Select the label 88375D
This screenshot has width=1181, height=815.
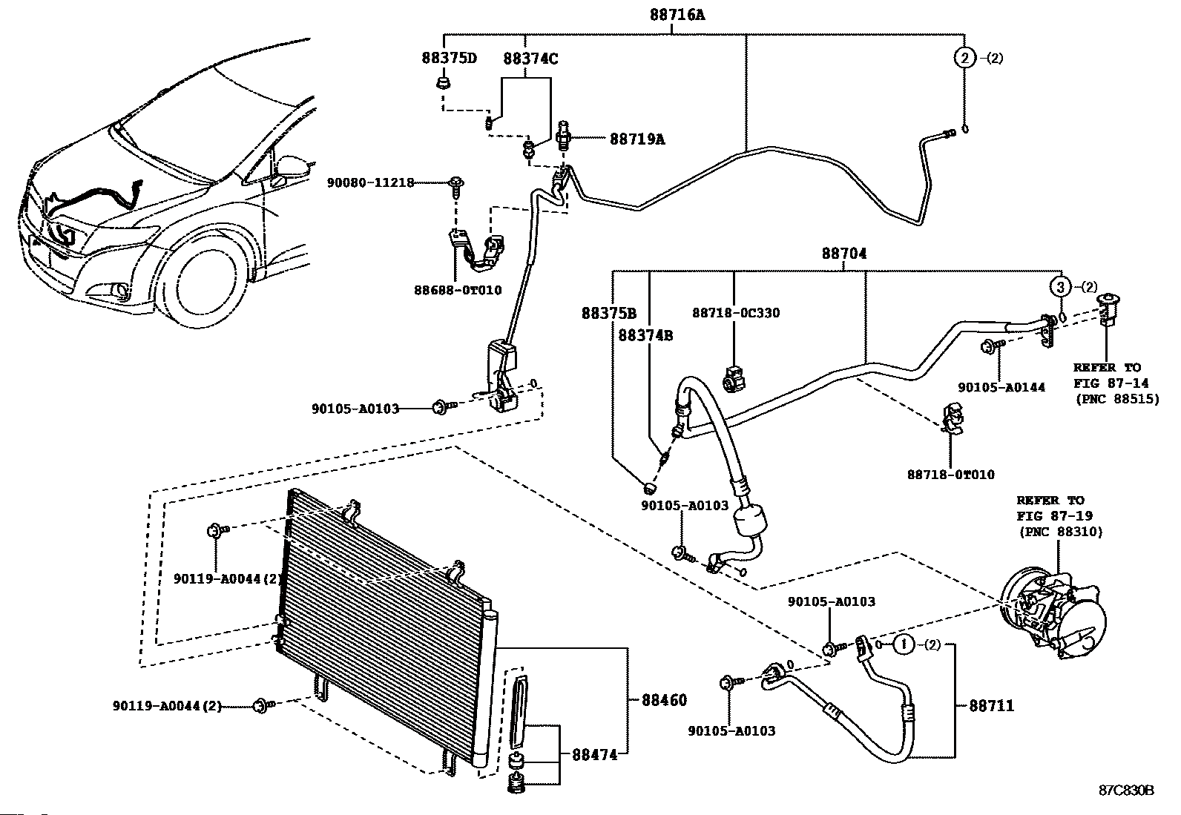450,59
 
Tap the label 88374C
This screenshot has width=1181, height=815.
530,59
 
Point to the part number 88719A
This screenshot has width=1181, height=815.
637,139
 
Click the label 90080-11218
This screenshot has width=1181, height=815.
370,182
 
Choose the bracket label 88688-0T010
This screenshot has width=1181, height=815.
457,290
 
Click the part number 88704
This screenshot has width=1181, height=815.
843,254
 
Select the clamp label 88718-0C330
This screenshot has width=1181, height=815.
736,313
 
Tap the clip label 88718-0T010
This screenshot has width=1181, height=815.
950,475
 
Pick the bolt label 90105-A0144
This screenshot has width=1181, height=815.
1001,387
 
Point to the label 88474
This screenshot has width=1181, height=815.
594,756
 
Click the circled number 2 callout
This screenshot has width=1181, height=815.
964,58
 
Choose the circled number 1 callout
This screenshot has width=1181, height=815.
903,645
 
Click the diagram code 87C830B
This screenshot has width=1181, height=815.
1126,790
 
